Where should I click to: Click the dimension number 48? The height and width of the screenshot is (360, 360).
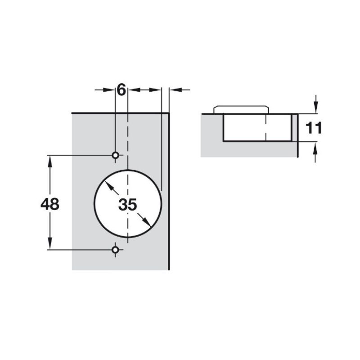tap(50, 204)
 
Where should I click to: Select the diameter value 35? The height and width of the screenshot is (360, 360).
tap(127, 205)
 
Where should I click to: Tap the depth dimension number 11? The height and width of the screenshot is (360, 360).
tap(314, 128)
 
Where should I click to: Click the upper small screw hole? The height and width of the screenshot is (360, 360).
tap(115, 155)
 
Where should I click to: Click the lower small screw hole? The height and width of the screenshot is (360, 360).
tap(115, 249)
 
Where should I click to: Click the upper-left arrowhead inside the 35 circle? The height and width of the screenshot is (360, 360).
tap(109, 186)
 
